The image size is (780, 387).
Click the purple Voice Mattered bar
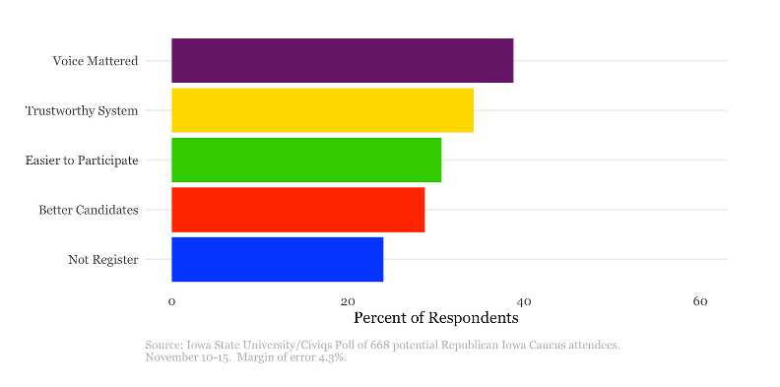click(x=342, y=61)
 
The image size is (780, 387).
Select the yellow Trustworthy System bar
click(x=322, y=110)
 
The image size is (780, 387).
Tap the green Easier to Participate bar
click(x=306, y=160)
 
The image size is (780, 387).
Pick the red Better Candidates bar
click(x=297, y=210)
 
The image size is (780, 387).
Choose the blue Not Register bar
click(x=277, y=259)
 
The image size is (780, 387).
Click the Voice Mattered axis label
click(x=96, y=61)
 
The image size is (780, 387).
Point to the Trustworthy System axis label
click(x=82, y=110)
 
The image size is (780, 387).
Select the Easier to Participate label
click(x=82, y=160)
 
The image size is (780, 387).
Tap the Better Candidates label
click(x=89, y=210)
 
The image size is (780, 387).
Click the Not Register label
click(x=103, y=259)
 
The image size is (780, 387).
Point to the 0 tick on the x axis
click(x=171, y=301)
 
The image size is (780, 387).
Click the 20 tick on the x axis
click(x=348, y=301)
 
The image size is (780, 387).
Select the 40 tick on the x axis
click(x=524, y=301)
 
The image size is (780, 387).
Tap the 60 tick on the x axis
click(x=700, y=301)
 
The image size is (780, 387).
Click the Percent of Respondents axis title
click(x=435, y=319)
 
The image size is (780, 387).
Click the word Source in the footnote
click(x=163, y=345)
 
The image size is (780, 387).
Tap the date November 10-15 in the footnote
click(x=183, y=356)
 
